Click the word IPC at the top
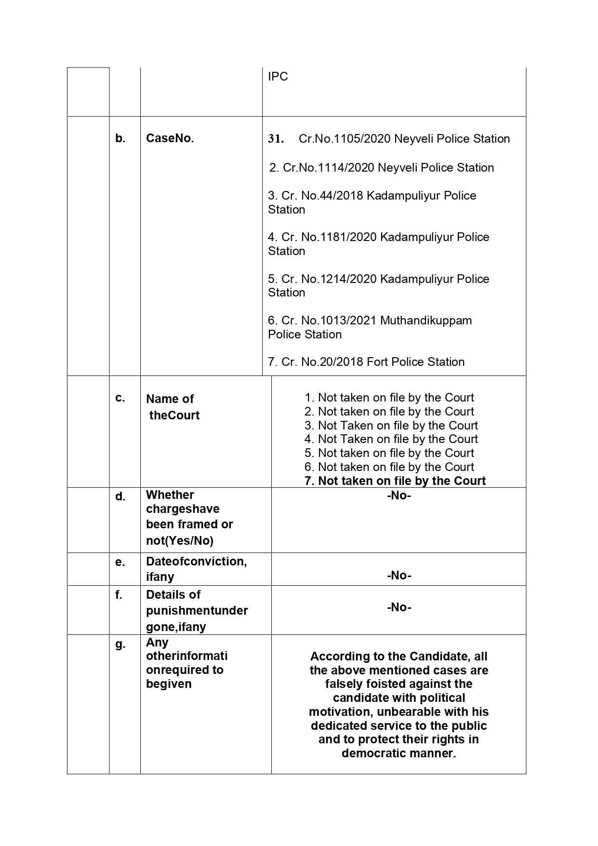[278, 77]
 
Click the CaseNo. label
[170, 138]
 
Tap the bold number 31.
[276, 139]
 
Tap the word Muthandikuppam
[426, 321]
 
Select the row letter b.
[120, 138]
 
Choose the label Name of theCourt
[173, 407]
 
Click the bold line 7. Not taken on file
[395, 481]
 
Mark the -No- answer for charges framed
[399, 496]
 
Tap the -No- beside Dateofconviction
[399, 576]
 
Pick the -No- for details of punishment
[399, 607]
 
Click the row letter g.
[120, 644]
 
